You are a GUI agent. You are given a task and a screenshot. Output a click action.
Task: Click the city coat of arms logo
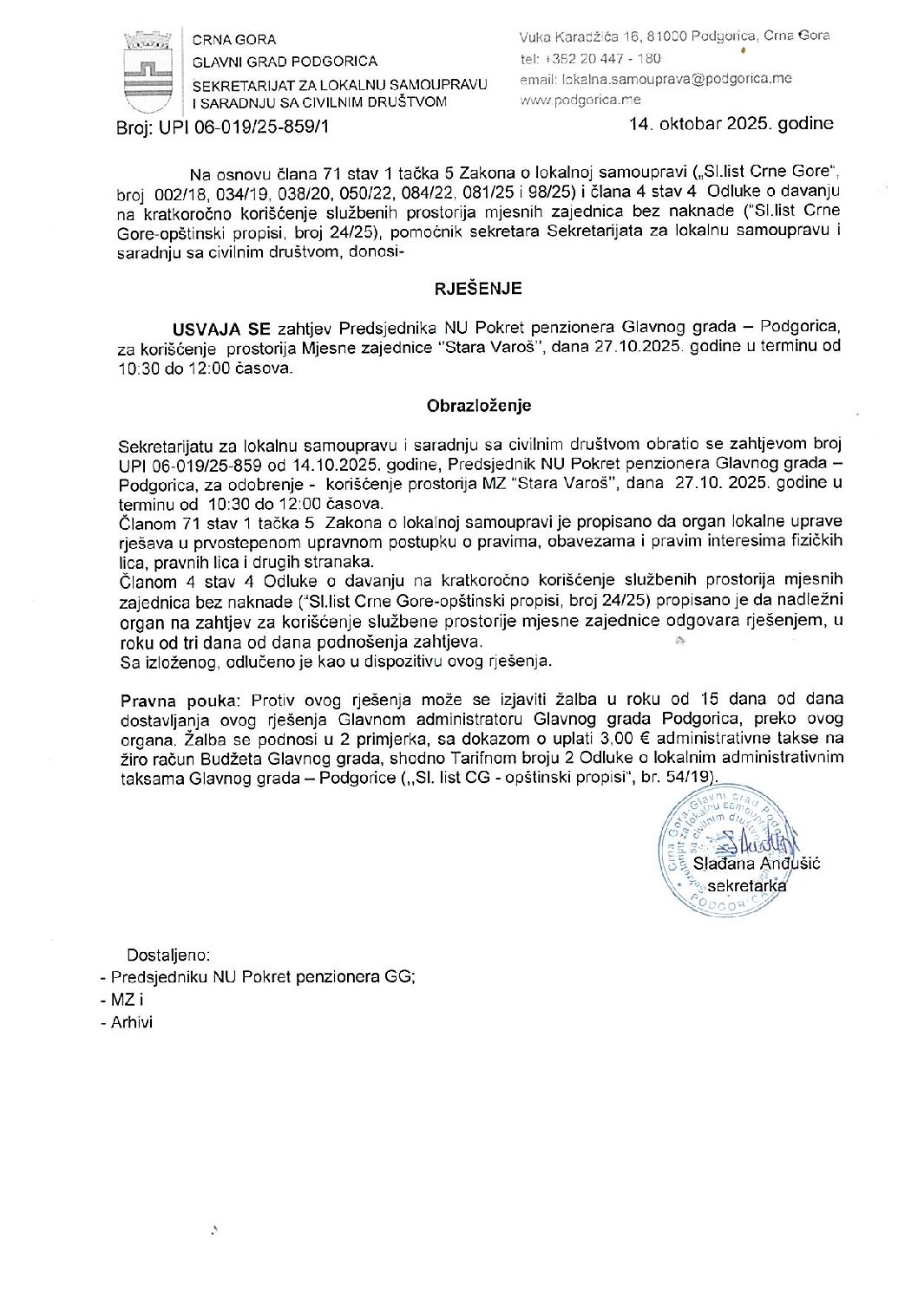(x=148, y=70)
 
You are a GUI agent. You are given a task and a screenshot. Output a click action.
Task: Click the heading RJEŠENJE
(x=478, y=289)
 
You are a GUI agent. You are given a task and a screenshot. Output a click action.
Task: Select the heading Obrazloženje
(x=478, y=405)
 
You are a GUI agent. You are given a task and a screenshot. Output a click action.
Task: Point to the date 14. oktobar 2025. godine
(x=731, y=123)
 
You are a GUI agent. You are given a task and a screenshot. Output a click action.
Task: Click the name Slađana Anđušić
(x=757, y=864)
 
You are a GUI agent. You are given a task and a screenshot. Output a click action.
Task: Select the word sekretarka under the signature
(x=747, y=885)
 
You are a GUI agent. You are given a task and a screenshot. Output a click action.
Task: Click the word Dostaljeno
(x=168, y=956)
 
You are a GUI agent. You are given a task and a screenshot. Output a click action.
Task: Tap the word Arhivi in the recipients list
(x=131, y=1022)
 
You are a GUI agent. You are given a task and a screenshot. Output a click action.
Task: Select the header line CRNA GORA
(x=234, y=40)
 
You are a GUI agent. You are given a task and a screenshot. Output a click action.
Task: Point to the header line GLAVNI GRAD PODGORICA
(x=285, y=62)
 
